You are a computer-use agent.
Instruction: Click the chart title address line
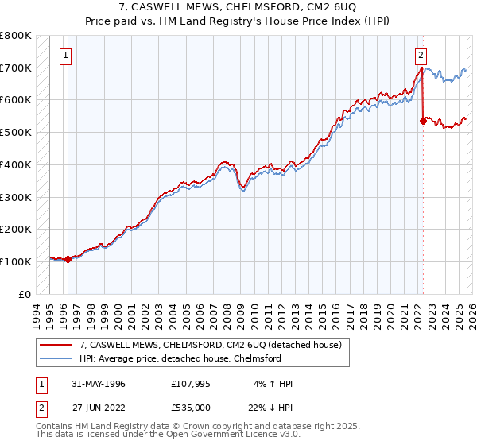[x=238, y=8]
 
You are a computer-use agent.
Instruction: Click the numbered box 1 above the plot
[x=66, y=56]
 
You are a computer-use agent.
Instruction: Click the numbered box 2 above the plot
[x=421, y=56]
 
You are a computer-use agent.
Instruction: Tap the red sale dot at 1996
[x=68, y=258]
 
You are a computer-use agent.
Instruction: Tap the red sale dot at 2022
[x=422, y=122]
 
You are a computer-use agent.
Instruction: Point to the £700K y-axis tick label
[x=16, y=68]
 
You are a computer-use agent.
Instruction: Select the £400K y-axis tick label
[x=16, y=164]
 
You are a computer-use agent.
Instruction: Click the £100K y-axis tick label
[x=16, y=261]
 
